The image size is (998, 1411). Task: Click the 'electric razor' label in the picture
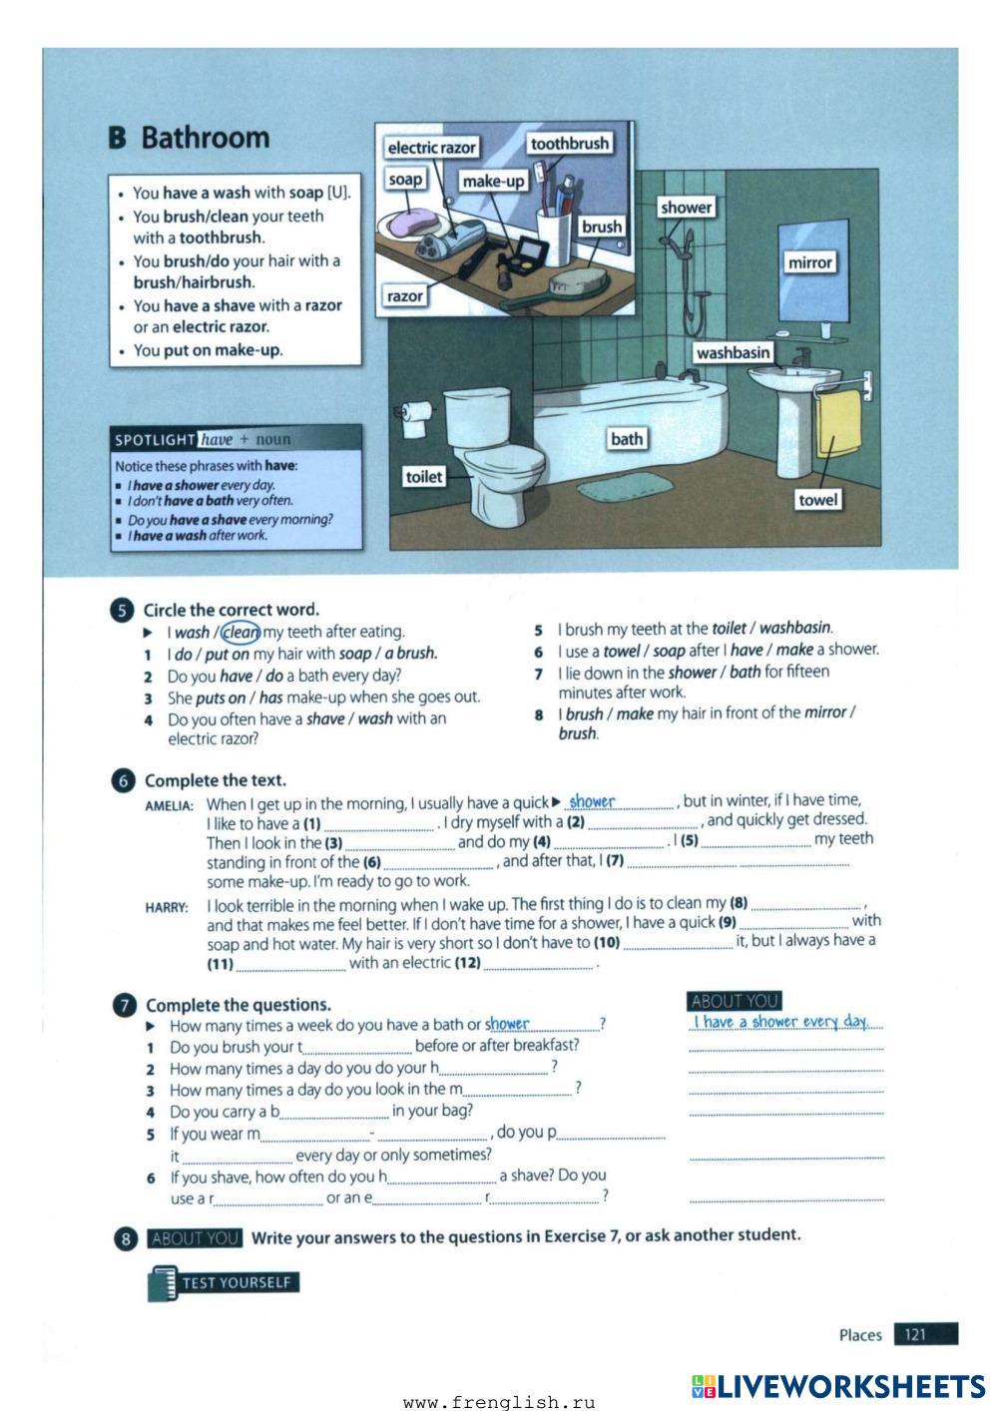point(431,148)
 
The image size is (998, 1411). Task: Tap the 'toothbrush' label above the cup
point(569,144)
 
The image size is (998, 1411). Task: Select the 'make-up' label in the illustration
point(493,181)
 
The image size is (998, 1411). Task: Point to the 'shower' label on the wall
point(686,208)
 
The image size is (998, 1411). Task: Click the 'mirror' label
point(808,262)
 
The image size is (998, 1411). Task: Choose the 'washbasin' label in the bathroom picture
point(733,352)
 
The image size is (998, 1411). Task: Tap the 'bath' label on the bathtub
point(627,438)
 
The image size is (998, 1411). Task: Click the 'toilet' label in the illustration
point(423,477)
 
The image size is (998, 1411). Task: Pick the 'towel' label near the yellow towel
point(817,499)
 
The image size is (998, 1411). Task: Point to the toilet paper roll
point(416,416)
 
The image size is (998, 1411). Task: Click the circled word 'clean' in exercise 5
point(241,632)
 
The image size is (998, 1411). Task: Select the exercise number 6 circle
point(123,781)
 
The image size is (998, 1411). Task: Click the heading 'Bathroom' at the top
point(205,138)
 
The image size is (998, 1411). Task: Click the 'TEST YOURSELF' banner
point(237,1282)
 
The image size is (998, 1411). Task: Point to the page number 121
point(916,1334)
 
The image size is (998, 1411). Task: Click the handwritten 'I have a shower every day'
point(780,1021)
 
